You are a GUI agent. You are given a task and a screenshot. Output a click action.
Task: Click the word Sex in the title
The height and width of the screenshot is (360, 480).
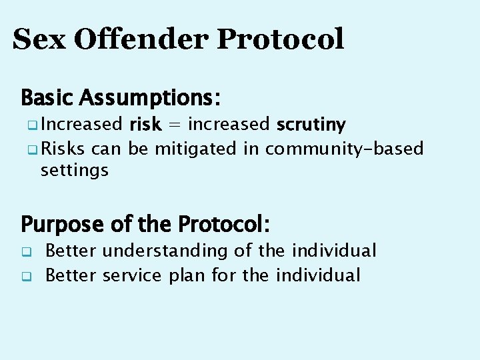(x=39, y=39)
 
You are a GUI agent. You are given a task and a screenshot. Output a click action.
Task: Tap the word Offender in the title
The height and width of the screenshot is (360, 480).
(x=141, y=39)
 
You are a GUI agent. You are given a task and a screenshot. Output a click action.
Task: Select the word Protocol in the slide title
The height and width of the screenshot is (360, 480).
(x=280, y=39)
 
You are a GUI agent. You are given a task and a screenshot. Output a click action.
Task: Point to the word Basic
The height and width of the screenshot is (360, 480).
(x=47, y=98)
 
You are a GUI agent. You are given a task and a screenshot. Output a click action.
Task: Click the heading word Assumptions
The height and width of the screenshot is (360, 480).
(x=149, y=99)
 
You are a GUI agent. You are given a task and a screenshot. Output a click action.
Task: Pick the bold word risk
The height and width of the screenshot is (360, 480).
(x=145, y=124)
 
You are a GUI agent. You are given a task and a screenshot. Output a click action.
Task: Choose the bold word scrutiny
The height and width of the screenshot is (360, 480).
(x=311, y=125)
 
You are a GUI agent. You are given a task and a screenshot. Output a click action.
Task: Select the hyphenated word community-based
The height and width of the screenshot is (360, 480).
(x=344, y=148)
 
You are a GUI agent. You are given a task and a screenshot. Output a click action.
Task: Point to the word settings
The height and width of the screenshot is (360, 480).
(x=74, y=171)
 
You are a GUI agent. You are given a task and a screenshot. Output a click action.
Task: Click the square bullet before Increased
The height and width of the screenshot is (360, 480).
(x=33, y=125)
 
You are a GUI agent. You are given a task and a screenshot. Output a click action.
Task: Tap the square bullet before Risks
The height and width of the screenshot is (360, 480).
(x=33, y=149)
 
